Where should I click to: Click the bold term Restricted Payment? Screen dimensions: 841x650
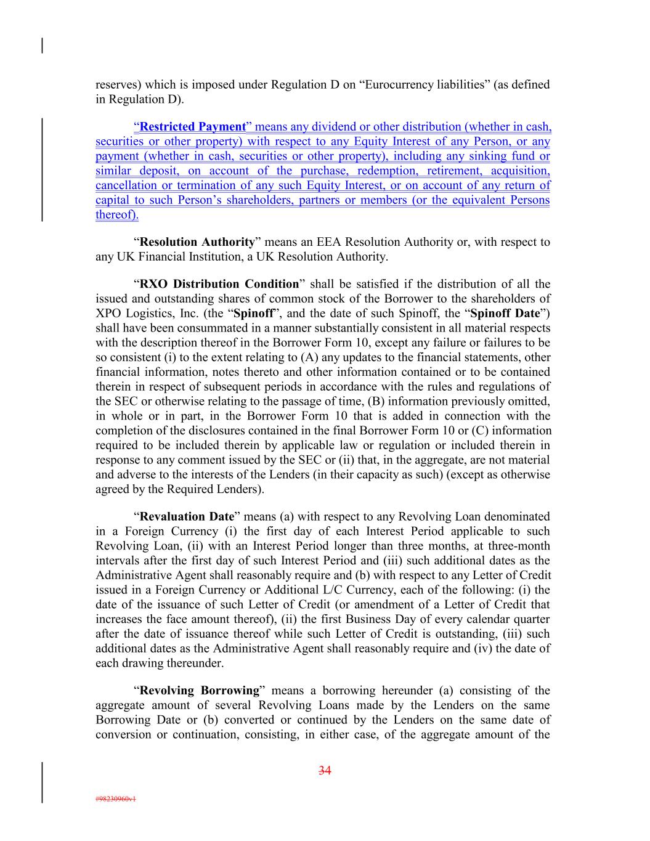pyautogui.click(x=192, y=127)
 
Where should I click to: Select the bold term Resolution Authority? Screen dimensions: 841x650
pyautogui.click(x=197, y=242)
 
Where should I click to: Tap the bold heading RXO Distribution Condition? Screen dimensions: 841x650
pyautogui.click(x=219, y=284)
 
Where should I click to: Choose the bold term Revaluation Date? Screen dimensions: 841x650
pyautogui.click(x=187, y=517)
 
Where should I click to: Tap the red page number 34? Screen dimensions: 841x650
pyautogui.click(x=325, y=770)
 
